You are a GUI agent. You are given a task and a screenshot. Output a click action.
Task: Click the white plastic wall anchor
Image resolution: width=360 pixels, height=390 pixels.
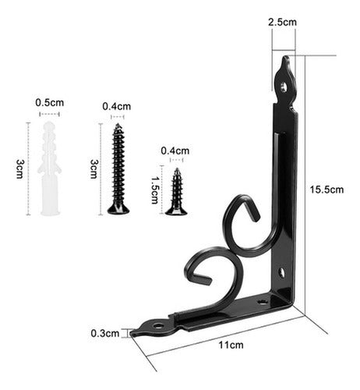[48, 168]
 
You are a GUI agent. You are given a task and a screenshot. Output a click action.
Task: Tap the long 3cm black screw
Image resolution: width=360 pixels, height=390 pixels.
[118, 168]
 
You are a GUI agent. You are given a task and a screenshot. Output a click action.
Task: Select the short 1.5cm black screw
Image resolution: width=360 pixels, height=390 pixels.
[176, 191]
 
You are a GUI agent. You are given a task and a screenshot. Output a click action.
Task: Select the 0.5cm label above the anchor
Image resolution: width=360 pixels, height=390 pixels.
[49, 102]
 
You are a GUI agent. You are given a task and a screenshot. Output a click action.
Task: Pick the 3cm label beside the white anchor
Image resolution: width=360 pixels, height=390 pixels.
[19, 168]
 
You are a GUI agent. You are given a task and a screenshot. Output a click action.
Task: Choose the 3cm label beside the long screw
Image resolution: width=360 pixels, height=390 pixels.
[94, 168]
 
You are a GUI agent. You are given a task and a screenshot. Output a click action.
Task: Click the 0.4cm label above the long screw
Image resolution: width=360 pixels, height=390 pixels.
[118, 106]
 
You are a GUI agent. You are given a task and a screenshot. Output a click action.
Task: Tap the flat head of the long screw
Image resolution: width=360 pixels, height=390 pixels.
[118, 208]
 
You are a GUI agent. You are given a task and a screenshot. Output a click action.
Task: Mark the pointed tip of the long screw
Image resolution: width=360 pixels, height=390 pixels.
[118, 126]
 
